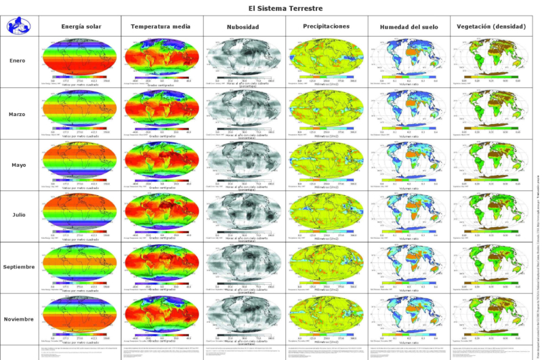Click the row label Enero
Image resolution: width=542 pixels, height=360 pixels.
(x=18, y=61)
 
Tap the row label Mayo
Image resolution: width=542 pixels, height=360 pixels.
(x=18, y=165)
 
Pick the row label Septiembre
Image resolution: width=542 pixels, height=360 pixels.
(x=18, y=267)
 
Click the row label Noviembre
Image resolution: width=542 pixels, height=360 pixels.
(x=18, y=318)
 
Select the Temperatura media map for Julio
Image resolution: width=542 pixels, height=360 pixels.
(x=162, y=211)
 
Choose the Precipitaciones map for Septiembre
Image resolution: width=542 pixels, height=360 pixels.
(x=327, y=262)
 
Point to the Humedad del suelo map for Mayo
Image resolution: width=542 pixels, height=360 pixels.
(x=409, y=159)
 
